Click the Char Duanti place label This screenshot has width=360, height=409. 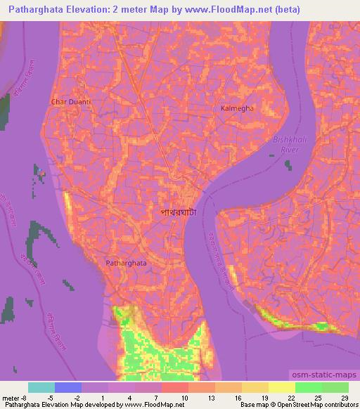tap(71, 102)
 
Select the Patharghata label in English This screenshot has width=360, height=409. tap(127, 262)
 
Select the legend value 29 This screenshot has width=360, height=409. tap(343, 397)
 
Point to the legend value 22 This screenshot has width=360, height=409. tap(290, 397)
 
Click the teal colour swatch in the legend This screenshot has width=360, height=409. tap(41, 387)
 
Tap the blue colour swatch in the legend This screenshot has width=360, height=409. tap(68, 387)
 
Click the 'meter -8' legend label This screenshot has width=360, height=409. tap(14, 397)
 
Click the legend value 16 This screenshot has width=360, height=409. tap(238, 397)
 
